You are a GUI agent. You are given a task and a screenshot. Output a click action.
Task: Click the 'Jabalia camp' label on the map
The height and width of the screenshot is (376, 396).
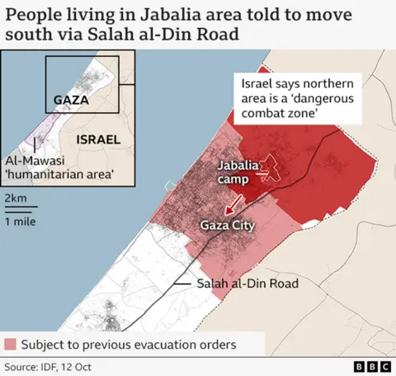coord(237,172)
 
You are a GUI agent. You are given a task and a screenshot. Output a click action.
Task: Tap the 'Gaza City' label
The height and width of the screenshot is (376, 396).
coord(226,224)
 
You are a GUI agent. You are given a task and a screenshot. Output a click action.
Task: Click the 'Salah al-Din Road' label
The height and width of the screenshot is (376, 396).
coord(247,284)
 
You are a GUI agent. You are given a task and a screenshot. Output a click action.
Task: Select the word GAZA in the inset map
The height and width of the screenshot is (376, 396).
coord(70,100)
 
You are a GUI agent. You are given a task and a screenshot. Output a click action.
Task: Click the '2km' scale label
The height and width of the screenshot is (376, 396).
coord(15,199)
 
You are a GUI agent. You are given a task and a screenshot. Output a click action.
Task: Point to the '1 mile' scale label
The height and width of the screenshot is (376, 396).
coord(20,222)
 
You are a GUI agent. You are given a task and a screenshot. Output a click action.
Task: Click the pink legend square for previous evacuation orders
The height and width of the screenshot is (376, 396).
coord(11,344)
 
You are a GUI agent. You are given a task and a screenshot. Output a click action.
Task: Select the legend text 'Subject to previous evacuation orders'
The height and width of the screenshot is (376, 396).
coord(128,344)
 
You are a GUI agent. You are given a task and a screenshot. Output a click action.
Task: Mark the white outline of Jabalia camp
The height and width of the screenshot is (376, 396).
coord(266,167)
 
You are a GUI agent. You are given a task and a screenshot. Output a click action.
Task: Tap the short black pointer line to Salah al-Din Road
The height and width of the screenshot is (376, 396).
coord(183,284)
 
